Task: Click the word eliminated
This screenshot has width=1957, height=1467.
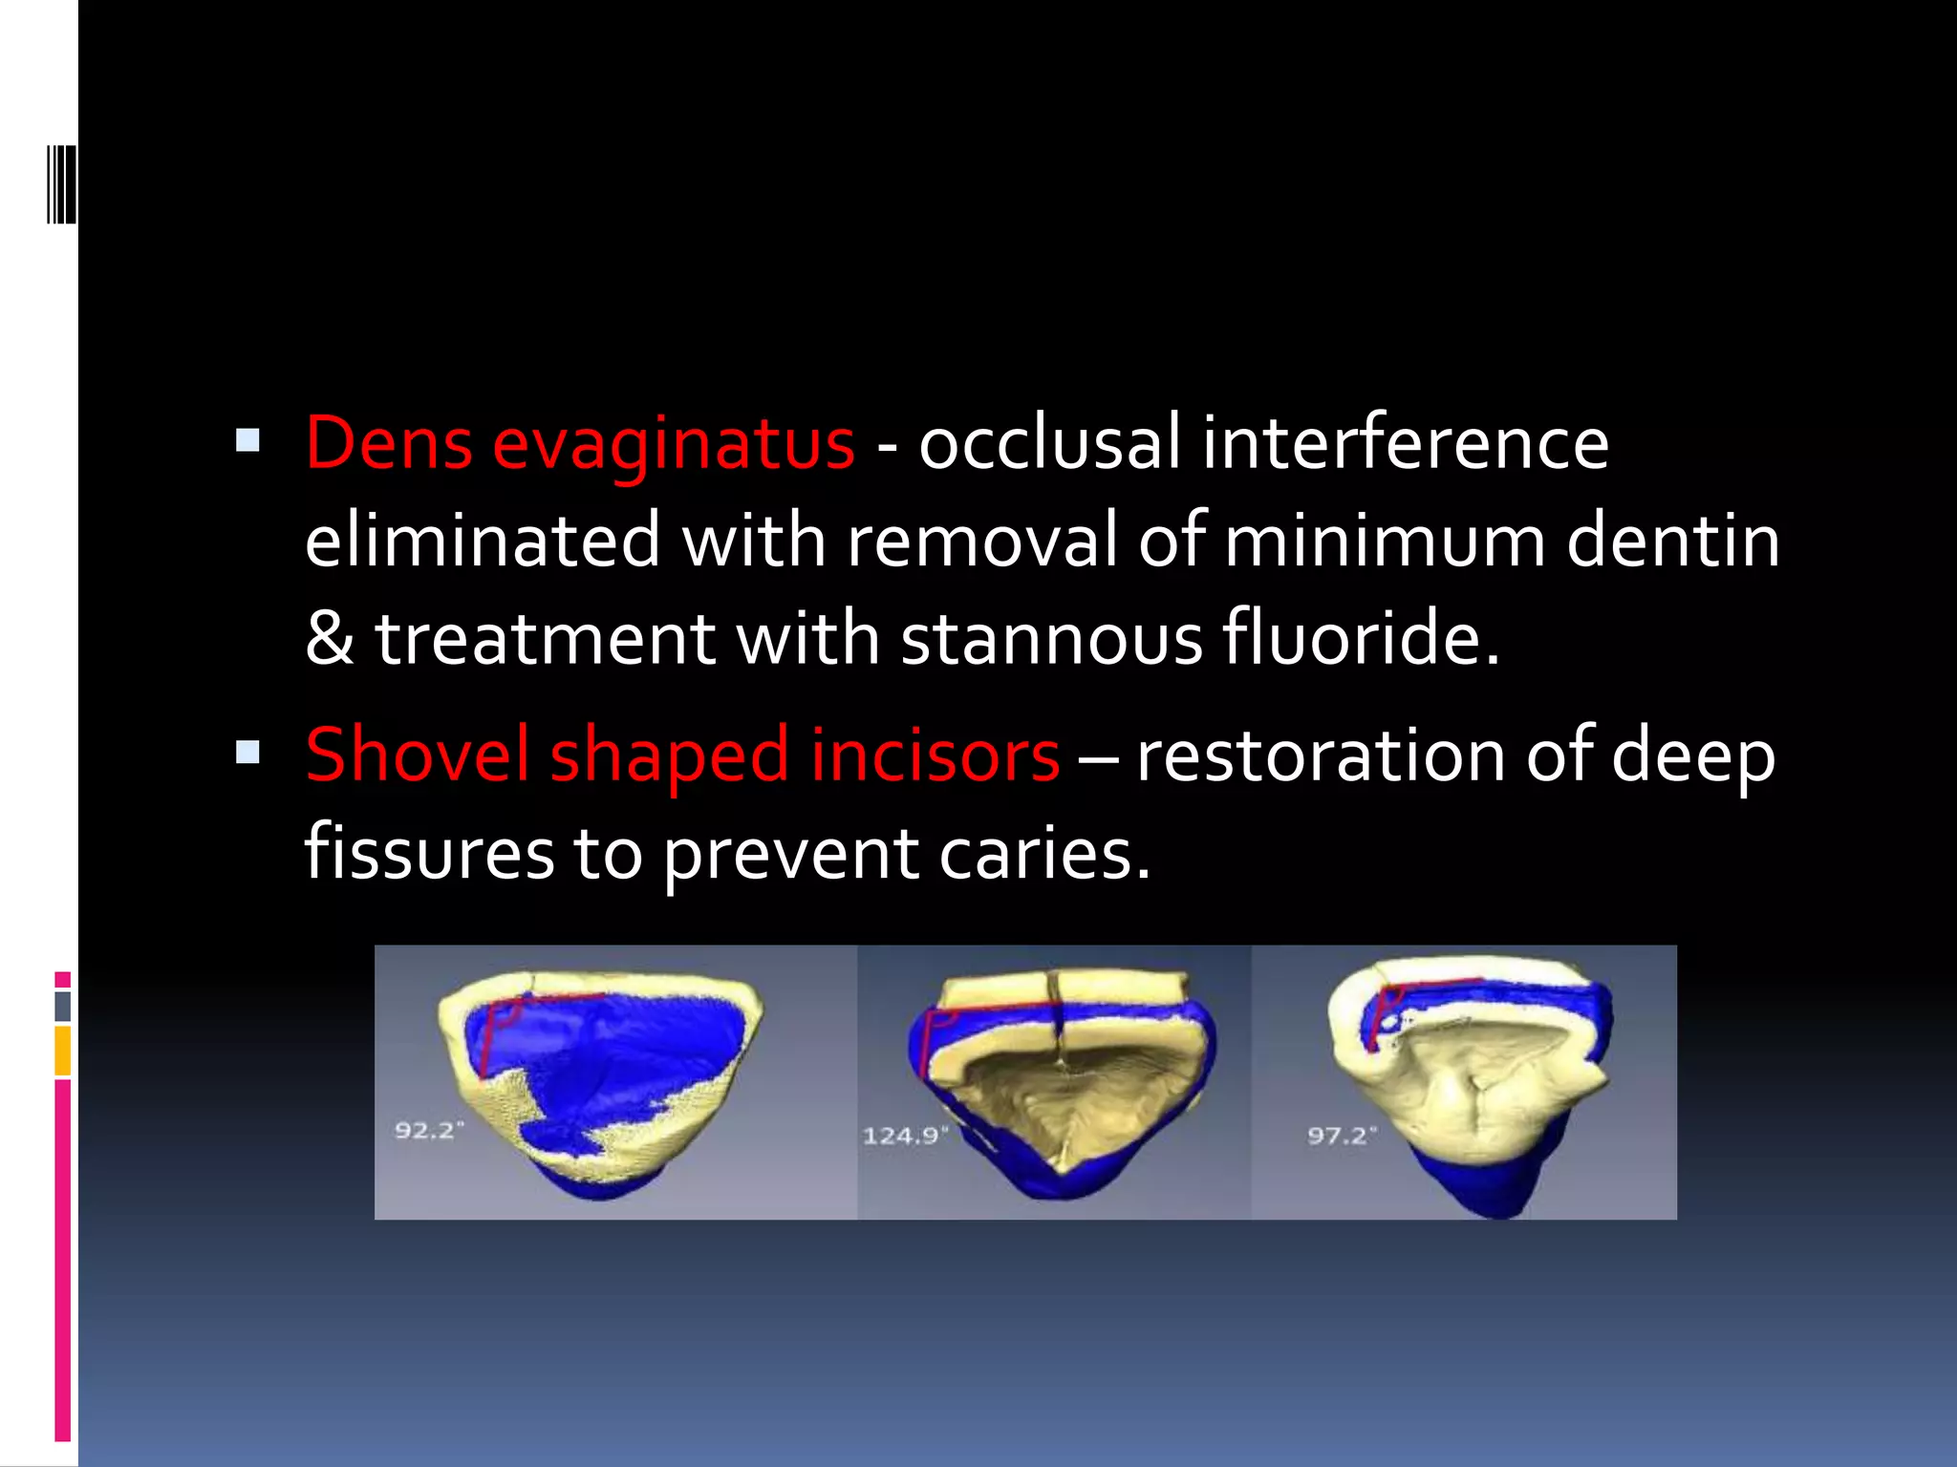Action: (x=483, y=541)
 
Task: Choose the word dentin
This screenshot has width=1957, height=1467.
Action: (x=1673, y=541)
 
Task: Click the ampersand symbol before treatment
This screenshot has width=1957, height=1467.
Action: (x=330, y=638)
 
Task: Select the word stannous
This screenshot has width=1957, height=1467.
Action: (x=1052, y=638)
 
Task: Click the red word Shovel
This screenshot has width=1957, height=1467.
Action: (x=417, y=755)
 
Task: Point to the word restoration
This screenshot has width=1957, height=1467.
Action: (x=1320, y=755)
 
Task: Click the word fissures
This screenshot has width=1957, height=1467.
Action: (x=429, y=852)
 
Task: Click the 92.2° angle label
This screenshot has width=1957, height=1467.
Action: (x=429, y=1131)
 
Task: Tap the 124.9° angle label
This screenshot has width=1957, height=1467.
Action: (x=904, y=1136)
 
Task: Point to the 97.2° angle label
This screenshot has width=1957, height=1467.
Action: (x=1342, y=1135)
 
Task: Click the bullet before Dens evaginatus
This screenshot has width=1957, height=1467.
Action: (x=247, y=440)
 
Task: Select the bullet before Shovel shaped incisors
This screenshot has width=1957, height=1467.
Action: (x=247, y=753)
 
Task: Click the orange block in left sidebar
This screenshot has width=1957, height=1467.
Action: (x=63, y=1051)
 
